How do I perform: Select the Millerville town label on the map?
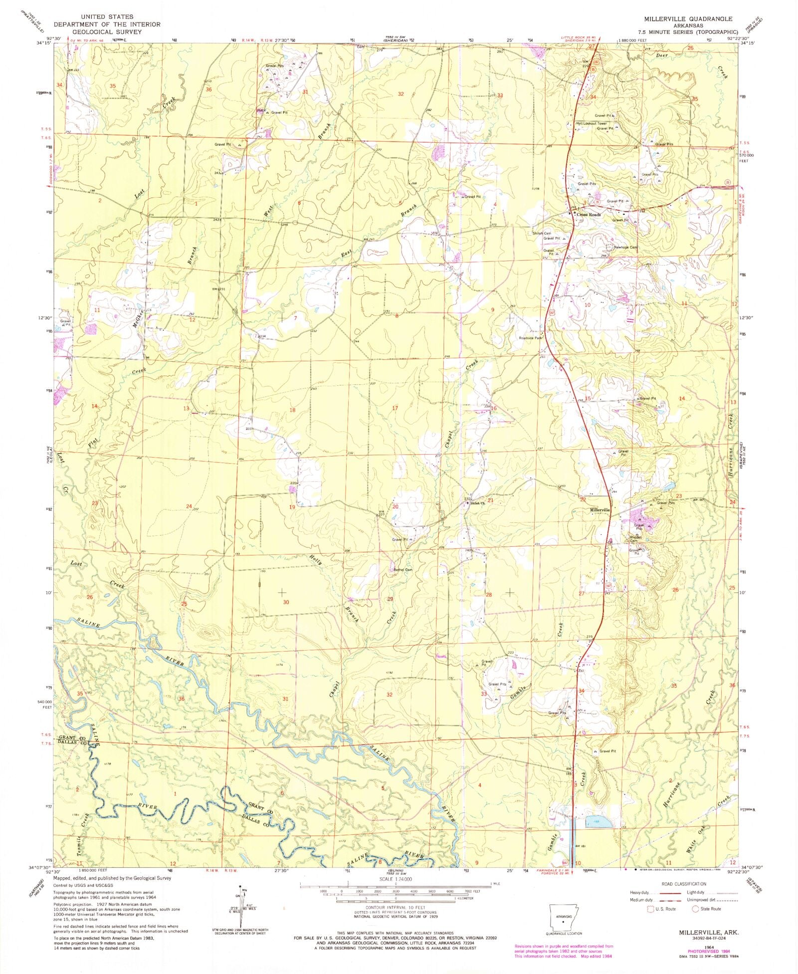click(600, 510)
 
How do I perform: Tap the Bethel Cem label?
click(403, 570)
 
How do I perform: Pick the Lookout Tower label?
click(595, 123)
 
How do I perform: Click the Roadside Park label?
click(530, 338)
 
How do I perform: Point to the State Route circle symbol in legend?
click(696, 909)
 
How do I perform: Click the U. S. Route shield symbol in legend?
click(650, 909)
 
